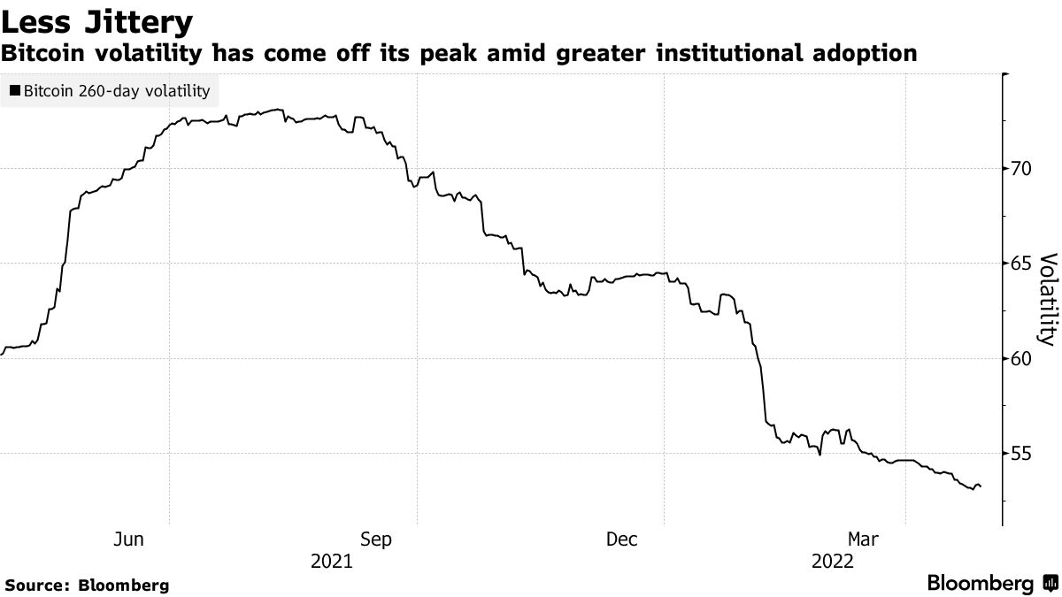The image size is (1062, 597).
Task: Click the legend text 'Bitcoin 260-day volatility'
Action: coord(117,90)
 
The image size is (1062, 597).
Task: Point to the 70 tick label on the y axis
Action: coord(1022,168)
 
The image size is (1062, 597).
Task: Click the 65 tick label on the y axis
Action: coord(1022,263)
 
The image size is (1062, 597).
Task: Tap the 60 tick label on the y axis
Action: coord(1022,358)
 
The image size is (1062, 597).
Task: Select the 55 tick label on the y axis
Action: coord(1022,453)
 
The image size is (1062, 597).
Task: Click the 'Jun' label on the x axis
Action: coord(129,539)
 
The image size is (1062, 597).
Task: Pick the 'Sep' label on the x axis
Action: coord(376,539)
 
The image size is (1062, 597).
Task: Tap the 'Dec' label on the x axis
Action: coord(622,539)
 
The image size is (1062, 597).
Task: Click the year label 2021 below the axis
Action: coord(331,561)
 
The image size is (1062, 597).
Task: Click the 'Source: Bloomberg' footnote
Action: coord(87,585)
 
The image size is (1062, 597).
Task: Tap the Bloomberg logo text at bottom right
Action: coord(980,584)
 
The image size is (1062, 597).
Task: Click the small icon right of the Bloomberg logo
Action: coord(1049,584)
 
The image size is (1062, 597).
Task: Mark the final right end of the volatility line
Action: coord(981,486)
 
